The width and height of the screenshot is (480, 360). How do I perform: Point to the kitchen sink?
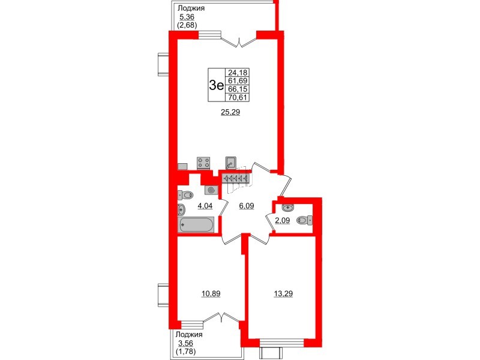(230, 162)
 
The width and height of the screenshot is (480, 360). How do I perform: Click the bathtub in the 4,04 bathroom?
(196, 226)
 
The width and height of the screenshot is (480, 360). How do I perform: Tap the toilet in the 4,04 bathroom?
(186, 194)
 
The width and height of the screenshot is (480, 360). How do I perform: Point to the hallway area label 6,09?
(247, 205)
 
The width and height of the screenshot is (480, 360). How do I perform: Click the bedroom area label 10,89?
(210, 293)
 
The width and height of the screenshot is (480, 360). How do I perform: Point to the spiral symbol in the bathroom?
(211, 190)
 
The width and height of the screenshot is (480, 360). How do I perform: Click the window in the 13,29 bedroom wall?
(282, 344)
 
